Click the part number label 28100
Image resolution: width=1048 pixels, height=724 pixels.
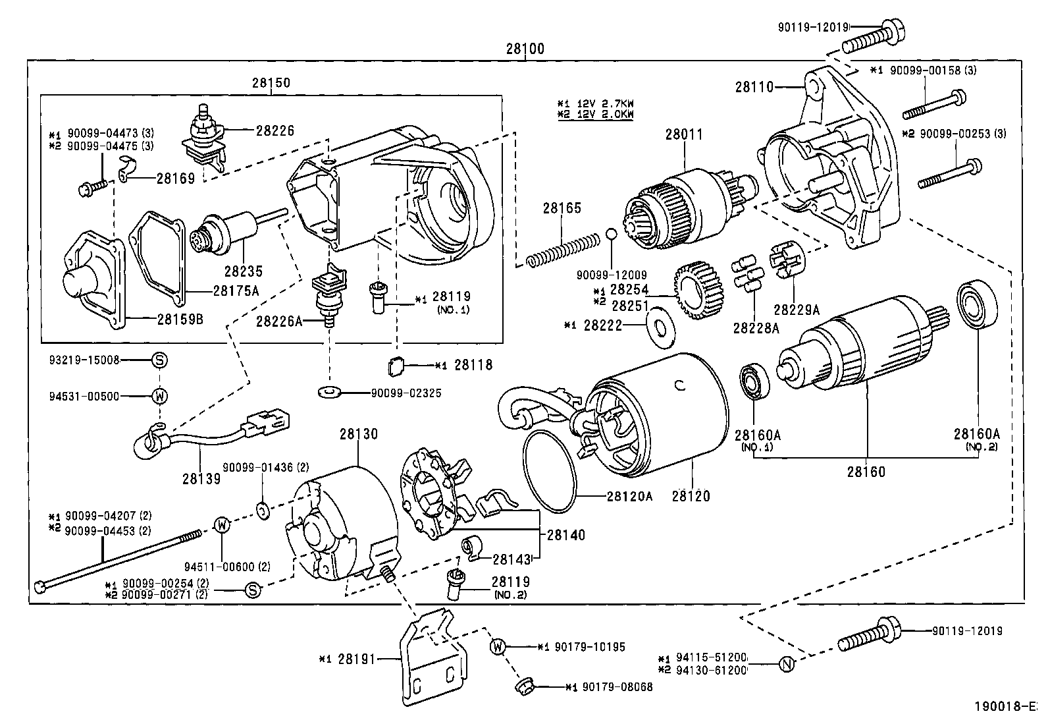click(525, 49)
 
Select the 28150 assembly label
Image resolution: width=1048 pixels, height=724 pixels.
click(270, 83)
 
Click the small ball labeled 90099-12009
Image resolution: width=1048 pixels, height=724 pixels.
click(611, 234)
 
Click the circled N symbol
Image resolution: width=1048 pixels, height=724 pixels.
click(786, 664)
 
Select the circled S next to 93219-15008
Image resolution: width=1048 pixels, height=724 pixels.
click(159, 360)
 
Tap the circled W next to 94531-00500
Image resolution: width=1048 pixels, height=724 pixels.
click(159, 396)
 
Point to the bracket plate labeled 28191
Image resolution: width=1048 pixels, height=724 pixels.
click(431, 659)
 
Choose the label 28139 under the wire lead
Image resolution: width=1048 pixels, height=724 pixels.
click(201, 478)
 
